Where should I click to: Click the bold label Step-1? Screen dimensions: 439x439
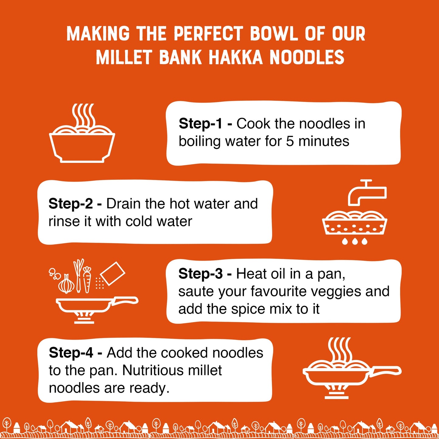(x=200, y=124)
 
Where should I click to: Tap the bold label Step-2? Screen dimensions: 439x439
(x=70, y=204)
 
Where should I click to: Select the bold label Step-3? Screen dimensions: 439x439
(x=200, y=274)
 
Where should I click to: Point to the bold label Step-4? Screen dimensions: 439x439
(x=71, y=353)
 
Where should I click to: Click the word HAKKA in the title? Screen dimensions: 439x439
(x=235, y=57)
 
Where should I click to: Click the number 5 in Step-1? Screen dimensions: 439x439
(x=290, y=142)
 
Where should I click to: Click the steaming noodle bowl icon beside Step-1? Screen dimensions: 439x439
(x=82, y=135)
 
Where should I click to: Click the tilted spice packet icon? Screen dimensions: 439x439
(x=112, y=273)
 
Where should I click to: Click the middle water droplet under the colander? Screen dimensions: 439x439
(x=355, y=241)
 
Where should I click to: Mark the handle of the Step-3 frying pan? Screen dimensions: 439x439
(x=125, y=300)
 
